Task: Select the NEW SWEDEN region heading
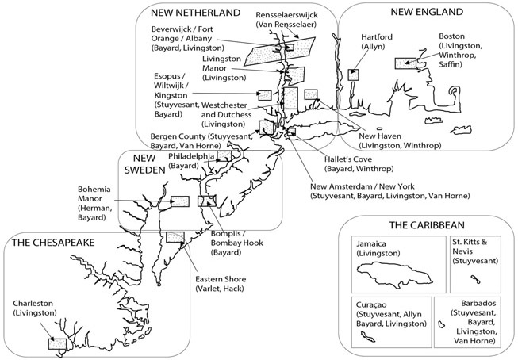click(x=144, y=163)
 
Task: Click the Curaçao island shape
click(x=368, y=336)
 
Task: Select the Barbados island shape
click(x=441, y=326)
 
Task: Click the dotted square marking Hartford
click(x=354, y=74)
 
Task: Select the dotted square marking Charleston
click(x=56, y=343)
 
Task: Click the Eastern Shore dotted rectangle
click(x=175, y=237)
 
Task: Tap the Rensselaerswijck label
click(x=286, y=18)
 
